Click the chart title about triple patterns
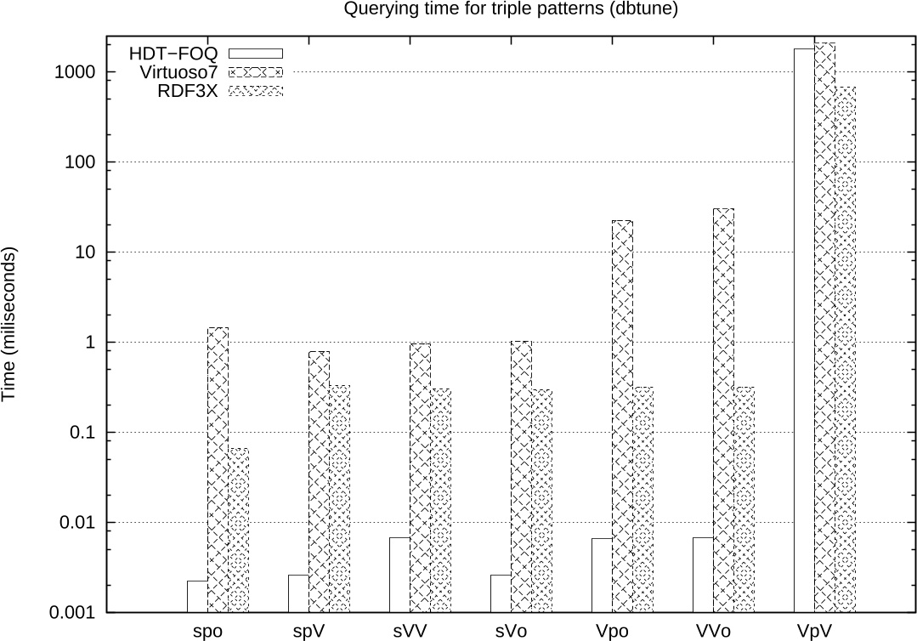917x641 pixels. coord(511,9)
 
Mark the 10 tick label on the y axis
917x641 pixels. coord(82,252)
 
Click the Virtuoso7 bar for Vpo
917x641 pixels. coord(622,416)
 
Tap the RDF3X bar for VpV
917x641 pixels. coord(845,349)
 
